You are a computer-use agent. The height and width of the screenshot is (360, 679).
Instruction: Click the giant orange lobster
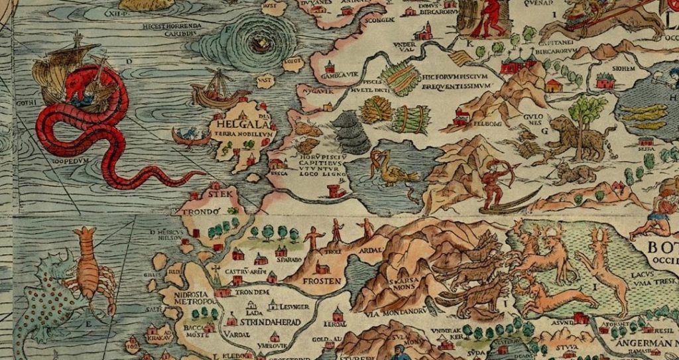(x=88, y=269)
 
